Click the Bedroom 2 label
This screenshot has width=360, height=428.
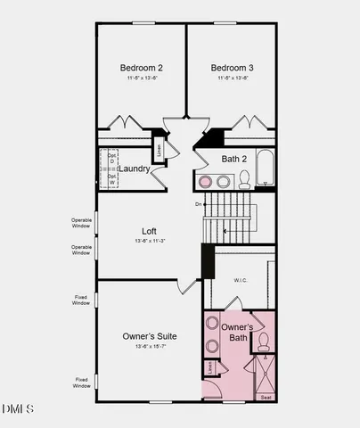[x=141, y=67]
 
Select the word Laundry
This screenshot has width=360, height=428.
[x=135, y=168]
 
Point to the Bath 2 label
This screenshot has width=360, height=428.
[x=235, y=159]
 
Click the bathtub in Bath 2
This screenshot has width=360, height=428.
[x=265, y=173]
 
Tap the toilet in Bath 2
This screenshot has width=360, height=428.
[x=244, y=181]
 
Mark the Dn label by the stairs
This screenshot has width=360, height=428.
[x=199, y=205]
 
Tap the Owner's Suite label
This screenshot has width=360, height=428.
[x=149, y=336]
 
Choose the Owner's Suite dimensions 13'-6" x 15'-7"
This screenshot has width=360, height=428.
[x=149, y=346]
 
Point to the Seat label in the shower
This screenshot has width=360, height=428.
[x=266, y=397]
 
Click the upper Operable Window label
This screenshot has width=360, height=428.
[x=81, y=222]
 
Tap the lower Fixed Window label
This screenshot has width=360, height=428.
[x=81, y=383]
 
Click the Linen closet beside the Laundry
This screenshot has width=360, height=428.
[x=160, y=148]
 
